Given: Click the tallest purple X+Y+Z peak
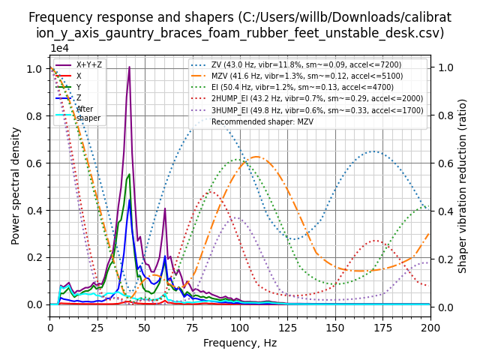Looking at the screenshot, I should (129, 67).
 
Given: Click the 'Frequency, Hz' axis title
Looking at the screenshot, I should (240, 343).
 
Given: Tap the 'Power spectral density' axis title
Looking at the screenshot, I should (16, 185).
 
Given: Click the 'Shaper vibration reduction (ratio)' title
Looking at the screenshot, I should (463, 185).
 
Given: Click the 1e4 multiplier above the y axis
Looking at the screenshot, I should (61, 49).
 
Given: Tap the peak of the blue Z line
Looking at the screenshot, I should (129, 199).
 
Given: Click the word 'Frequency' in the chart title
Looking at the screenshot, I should (56, 17).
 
